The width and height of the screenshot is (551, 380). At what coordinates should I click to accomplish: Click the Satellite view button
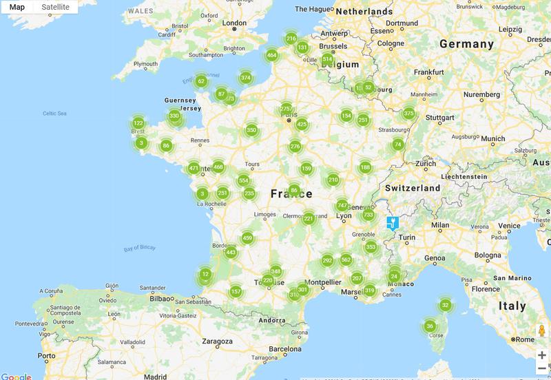point(55,7)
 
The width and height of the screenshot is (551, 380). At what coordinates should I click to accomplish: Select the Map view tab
point(17,7)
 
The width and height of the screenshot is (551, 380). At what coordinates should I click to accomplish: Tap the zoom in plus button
point(542,355)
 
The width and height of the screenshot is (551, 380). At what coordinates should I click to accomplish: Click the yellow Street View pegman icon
point(542,330)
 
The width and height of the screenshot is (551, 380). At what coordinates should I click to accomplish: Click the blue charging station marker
point(392,223)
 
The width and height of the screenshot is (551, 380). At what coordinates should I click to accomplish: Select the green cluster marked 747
point(342,206)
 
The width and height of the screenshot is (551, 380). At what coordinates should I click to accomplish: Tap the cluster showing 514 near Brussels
point(327,59)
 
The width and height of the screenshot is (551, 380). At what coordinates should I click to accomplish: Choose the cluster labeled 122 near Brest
point(138,123)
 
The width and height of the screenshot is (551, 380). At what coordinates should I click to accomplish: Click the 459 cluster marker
point(247,238)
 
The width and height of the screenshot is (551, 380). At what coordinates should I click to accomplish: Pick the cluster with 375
point(409,114)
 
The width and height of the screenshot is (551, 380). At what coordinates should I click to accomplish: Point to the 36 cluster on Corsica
point(430,326)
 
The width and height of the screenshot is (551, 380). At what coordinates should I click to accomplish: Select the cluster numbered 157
point(236,291)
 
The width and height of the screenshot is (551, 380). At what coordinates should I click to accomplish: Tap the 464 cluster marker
point(272,55)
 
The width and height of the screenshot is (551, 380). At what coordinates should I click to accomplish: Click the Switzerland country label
point(413,188)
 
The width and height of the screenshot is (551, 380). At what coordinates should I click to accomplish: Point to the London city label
point(236,22)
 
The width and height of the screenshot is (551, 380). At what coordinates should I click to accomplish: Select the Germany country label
point(467,43)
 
